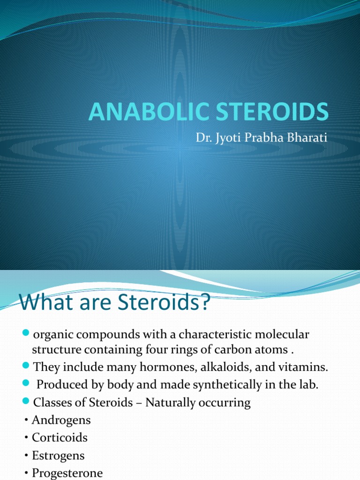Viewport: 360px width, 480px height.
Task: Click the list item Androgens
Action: point(61,420)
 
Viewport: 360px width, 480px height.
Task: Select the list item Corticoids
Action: point(60,437)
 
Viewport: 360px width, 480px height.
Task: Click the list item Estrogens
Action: point(59,455)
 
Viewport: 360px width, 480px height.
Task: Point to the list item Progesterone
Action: point(67,472)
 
